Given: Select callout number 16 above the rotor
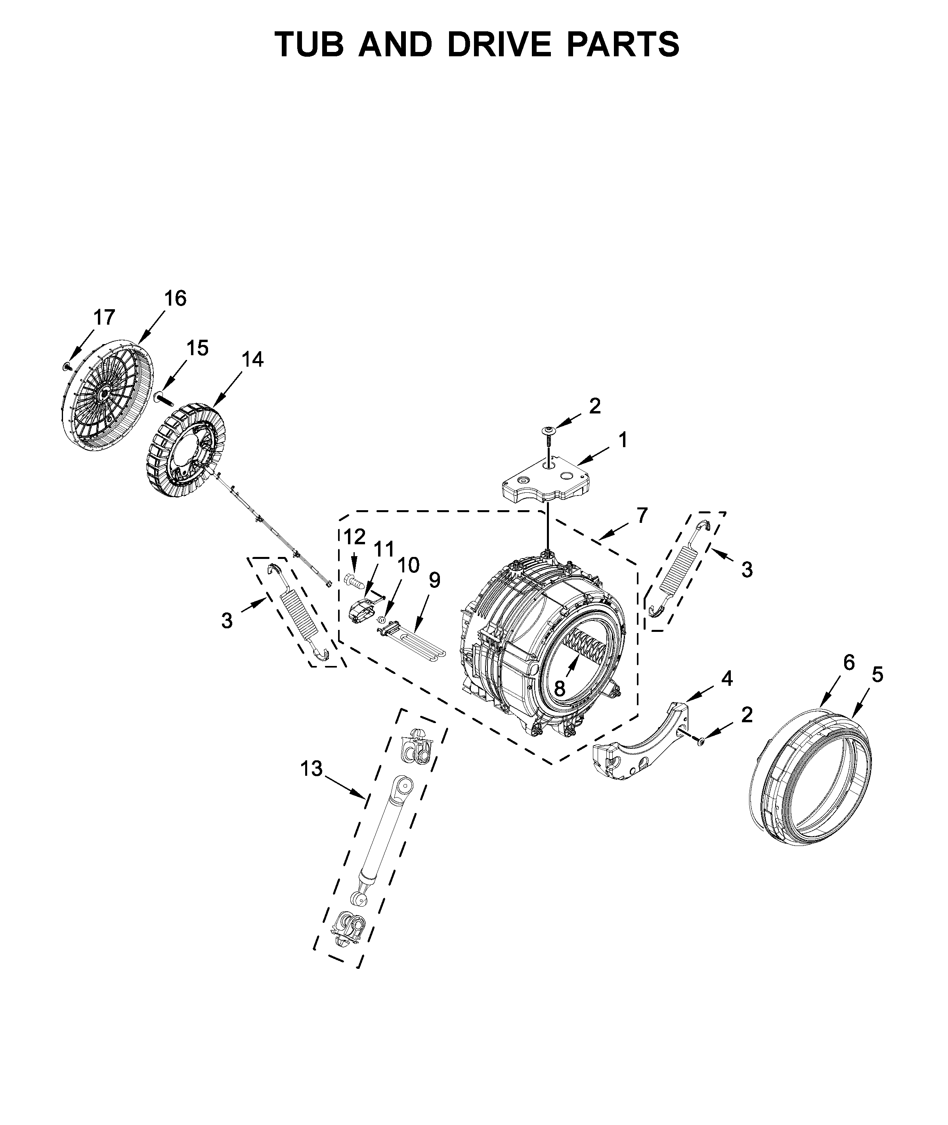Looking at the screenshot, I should click(x=175, y=298).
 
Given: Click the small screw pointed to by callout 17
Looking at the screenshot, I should click(x=67, y=366).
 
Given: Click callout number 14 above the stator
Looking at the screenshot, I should click(x=252, y=360).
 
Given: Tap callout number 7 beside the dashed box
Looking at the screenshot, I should click(x=642, y=515).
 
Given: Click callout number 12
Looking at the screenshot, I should click(x=354, y=536).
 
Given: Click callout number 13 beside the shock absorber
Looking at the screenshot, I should click(x=311, y=769).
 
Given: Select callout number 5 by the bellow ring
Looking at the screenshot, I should click(x=877, y=675).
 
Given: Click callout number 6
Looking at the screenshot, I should click(x=848, y=663).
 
